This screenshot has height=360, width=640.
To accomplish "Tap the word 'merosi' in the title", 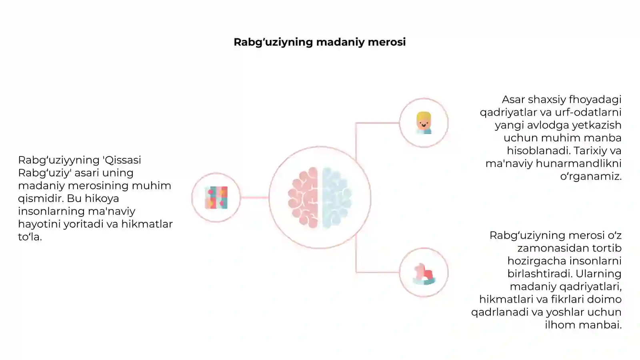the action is (x=386, y=42).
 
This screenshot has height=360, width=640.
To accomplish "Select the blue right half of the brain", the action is (x=337, y=198).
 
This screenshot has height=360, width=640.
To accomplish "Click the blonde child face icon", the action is (x=424, y=123).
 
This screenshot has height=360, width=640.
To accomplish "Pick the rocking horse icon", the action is (x=424, y=274).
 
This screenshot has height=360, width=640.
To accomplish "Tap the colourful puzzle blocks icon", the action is (x=216, y=198).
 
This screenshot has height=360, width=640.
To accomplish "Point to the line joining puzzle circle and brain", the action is (x=254, y=198).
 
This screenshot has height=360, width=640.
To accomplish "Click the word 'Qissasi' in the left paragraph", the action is (x=122, y=160).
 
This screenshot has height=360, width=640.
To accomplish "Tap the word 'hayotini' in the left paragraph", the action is (x=39, y=224).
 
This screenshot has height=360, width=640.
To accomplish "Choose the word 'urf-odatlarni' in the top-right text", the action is (x=588, y=112).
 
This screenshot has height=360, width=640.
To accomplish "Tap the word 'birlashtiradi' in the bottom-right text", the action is (x=540, y=274).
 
